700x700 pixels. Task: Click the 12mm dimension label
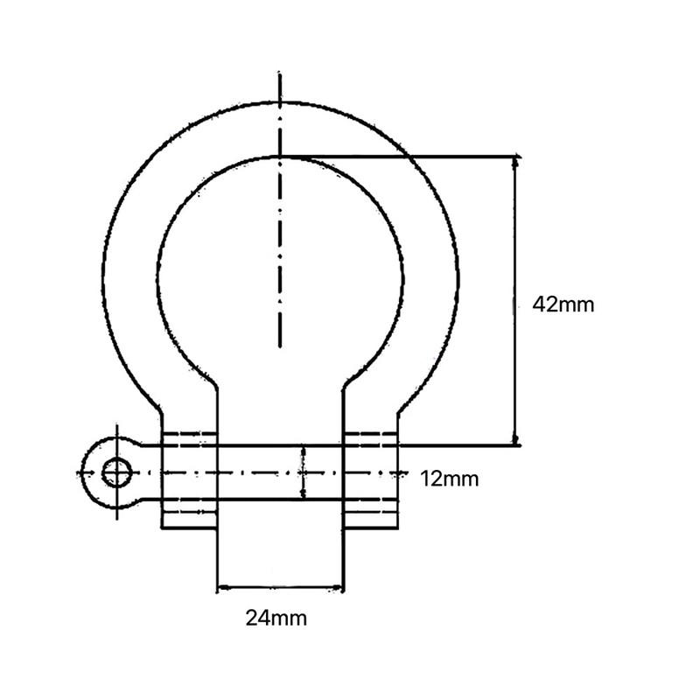(x=449, y=479)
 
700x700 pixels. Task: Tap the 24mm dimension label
(x=276, y=619)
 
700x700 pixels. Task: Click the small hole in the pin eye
(x=115, y=473)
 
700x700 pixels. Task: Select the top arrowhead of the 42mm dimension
(x=516, y=163)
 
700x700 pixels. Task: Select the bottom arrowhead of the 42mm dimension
(x=516, y=439)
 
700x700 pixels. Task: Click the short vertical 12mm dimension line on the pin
(x=303, y=472)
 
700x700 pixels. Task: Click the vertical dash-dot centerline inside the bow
(x=279, y=262)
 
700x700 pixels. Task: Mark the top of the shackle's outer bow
(x=279, y=102)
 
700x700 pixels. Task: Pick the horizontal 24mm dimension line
(x=279, y=587)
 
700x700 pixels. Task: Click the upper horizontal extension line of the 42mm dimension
(x=402, y=157)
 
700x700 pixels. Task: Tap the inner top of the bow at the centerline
(x=279, y=157)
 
